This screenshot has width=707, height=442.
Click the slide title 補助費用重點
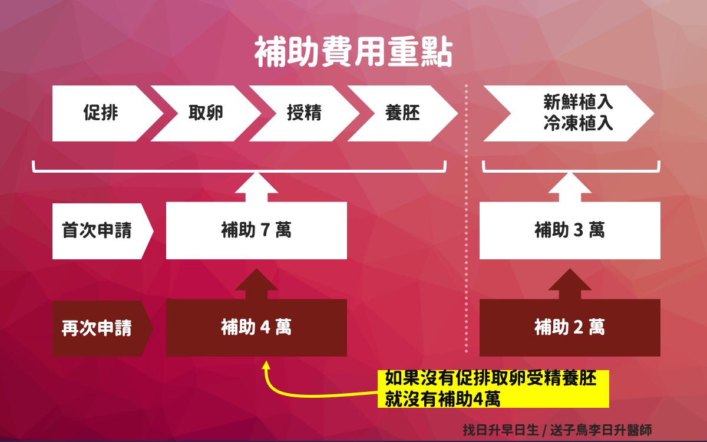[353, 52]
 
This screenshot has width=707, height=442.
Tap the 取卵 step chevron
[206, 113]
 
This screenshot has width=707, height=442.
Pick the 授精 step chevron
[304, 113]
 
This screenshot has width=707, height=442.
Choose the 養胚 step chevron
[403, 113]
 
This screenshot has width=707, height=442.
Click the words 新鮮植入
[578, 102]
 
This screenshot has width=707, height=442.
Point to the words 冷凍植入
[578, 123]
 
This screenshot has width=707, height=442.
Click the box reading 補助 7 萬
[256, 230]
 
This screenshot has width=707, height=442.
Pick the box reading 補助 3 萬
[570, 230]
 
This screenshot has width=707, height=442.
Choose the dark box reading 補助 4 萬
[256, 328]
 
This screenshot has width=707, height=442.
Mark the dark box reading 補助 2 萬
[570, 328]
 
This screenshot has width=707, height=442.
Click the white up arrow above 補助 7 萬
[256, 187]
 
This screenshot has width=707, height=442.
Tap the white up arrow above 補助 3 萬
[570, 187]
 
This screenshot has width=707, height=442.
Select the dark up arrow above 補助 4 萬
[256, 284]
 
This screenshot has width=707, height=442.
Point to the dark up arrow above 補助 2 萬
[570, 284]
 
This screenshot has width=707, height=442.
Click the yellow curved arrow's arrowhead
[266, 365]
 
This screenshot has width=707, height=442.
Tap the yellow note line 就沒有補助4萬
[442, 399]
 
